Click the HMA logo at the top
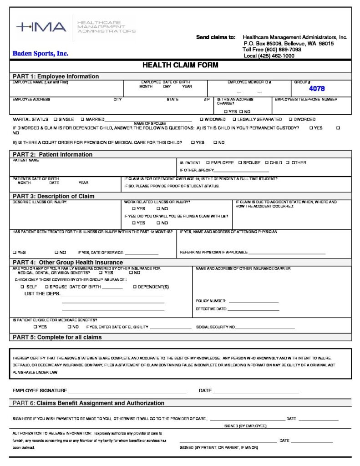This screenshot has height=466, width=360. (x=41, y=27)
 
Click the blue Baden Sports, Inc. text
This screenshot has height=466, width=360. (x=41, y=54)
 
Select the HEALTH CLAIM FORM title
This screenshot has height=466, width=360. (x=180, y=65)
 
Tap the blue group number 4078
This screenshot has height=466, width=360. (x=317, y=89)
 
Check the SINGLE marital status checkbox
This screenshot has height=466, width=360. (x=56, y=119)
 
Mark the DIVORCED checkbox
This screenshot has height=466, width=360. (x=291, y=119)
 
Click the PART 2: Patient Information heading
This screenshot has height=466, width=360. (x=52, y=154)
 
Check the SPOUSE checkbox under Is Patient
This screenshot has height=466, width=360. (x=240, y=162)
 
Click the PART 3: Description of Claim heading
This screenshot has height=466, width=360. (x=54, y=196)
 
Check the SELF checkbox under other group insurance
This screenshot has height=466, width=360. (x=22, y=287)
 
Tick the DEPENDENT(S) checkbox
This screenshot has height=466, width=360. (x=135, y=287)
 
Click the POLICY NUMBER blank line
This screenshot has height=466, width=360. (x=254, y=302)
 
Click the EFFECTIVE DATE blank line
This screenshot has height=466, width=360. (x=253, y=310)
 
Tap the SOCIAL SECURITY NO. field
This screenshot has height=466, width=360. (x=265, y=328)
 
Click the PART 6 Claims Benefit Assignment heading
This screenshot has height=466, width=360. (x=89, y=403)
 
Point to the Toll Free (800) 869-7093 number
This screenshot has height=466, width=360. (x=272, y=50)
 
